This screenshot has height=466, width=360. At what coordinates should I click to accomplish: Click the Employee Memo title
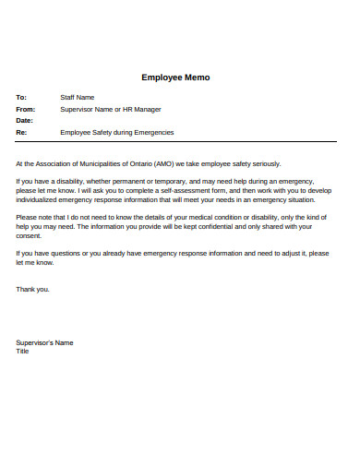pos(175,78)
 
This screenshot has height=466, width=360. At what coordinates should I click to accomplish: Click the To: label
pos(22,97)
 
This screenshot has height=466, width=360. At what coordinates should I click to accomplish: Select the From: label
pos(26,109)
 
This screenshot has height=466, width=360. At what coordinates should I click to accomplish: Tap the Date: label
pos(25,120)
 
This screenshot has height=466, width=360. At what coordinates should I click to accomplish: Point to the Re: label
pos(21,132)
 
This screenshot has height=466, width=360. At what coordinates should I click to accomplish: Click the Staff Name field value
pos(78,97)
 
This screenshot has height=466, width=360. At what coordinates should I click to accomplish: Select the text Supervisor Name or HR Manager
pos(109,109)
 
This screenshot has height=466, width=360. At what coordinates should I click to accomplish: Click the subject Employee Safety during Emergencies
pos(116,132)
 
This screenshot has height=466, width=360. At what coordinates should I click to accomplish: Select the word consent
pos(31,234)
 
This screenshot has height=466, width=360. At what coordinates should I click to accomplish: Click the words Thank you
pos(33,289)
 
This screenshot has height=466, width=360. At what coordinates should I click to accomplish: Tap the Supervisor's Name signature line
pos(44,342)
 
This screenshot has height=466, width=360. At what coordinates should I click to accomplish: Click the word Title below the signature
pos(23,351)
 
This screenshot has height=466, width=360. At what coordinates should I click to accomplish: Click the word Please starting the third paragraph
pos(28,217)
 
